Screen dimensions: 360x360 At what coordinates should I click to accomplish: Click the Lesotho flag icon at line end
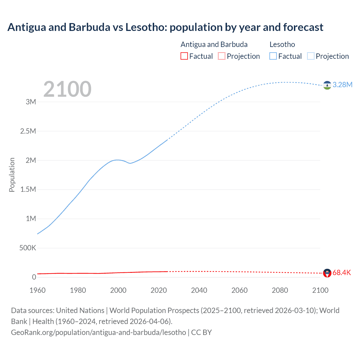point(327,85)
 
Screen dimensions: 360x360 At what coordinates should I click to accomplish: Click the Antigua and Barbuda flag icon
point(327,273)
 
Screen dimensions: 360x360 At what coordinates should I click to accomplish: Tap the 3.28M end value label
point(342,85)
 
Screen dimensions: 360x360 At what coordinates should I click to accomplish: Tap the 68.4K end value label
point(342,273)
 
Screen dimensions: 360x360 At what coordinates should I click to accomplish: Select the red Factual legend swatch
point(184,56)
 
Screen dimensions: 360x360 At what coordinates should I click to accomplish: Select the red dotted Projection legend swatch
point(222,56)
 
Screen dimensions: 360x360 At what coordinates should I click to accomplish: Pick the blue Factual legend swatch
point(273,56)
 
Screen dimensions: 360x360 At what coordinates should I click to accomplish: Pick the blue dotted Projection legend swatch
point(311,56)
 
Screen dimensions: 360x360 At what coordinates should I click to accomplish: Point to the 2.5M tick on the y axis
point(28,131)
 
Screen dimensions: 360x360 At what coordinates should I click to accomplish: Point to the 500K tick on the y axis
point(28,248)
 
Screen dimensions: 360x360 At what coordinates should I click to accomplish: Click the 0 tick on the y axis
point(34,277)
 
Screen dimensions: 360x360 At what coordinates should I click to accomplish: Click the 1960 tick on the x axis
point(37,291)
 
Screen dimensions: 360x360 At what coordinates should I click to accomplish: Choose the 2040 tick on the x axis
point(199,291)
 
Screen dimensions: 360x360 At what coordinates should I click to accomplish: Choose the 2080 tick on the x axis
point(280,291)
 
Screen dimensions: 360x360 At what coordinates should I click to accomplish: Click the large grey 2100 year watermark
point(67,89)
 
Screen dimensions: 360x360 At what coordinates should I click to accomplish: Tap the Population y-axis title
point(12,175)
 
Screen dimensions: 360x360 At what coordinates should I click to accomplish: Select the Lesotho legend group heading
point(282,44)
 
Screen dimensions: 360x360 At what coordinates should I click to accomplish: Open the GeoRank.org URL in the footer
point(98,332)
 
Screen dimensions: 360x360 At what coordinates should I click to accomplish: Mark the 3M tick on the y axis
point(31,102)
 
